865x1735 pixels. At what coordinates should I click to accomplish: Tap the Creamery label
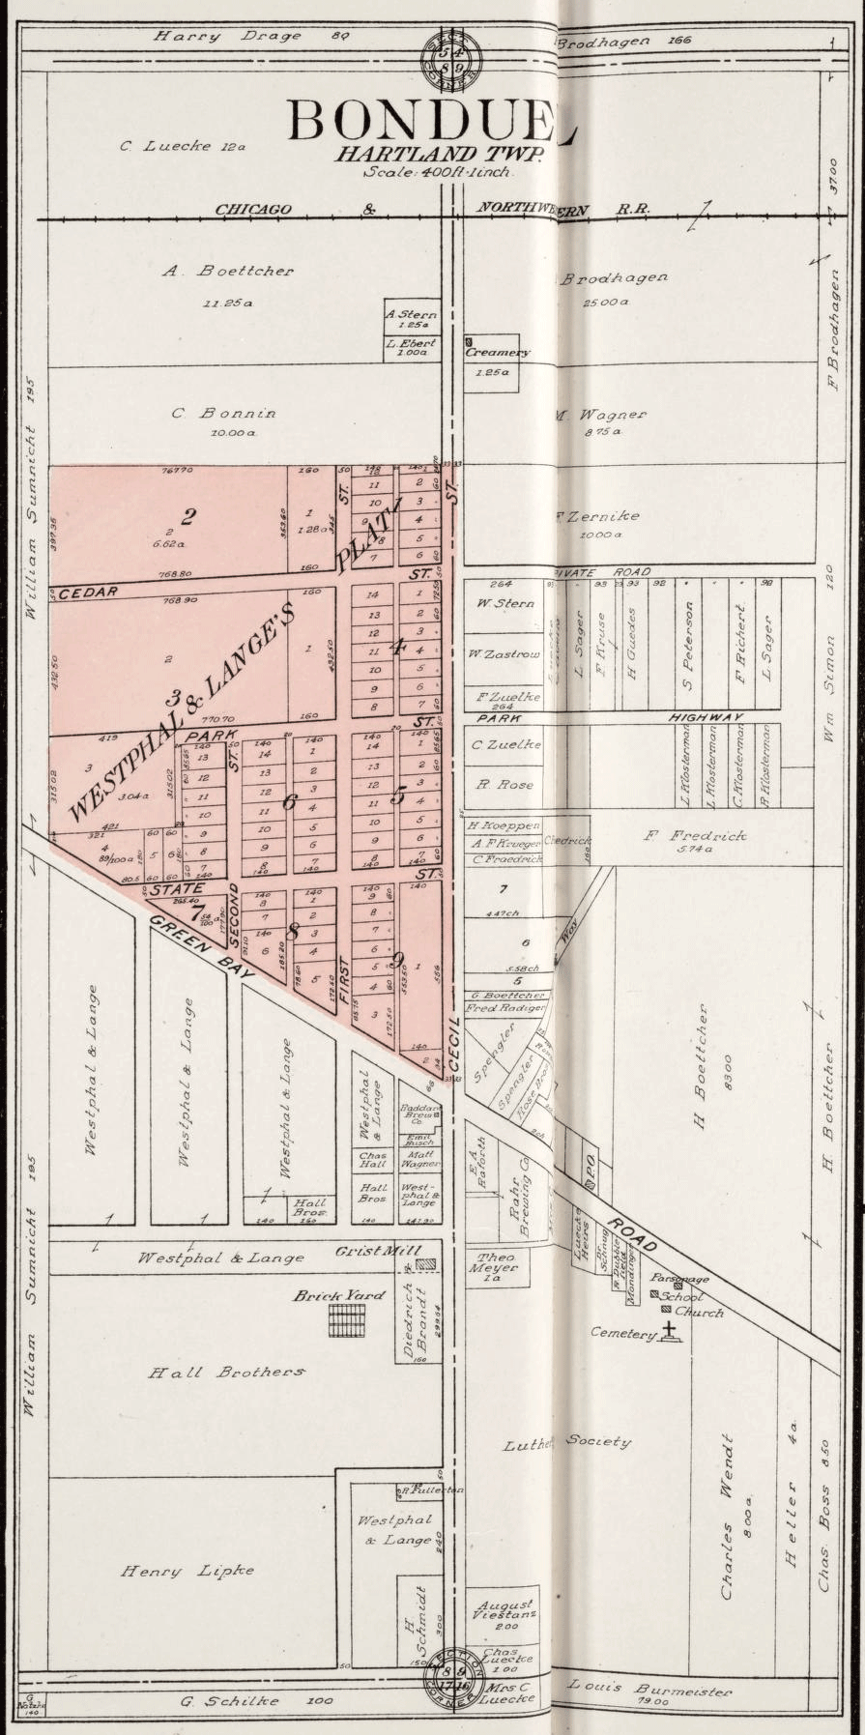pyautogui.click(x=498, y=353)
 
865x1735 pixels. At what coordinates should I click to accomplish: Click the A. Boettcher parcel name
pyautogui.click(x=228, y=272)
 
